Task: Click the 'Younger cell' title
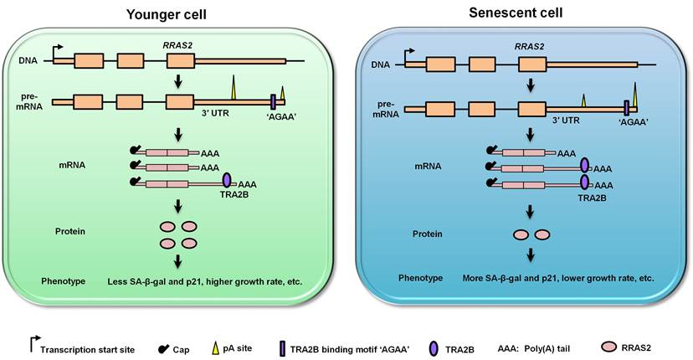click(x=167, y=14)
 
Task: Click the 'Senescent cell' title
click(x=516, y=13)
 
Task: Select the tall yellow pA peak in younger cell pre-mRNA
click(x=233, y=87)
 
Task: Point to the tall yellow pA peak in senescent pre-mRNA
click(x=635, y=95)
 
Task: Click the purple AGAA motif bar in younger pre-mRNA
click(x=273, y=100)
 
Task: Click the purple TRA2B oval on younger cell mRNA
click(x=227, y=181)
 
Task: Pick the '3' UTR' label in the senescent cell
click(x=566, y=120)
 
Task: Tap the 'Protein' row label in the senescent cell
click(x=428, y=234)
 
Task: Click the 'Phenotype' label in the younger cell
click(x=64, y=281)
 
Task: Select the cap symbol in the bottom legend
click(x=163, y=349)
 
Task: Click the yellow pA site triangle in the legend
click(x=216, y=349)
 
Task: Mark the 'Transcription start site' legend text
click(x=88, y=350)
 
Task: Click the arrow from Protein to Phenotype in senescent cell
click(x=531, y=255)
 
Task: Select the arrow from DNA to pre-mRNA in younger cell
click(x=178, y=80)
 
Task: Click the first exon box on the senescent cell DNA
click(x=440, y=64)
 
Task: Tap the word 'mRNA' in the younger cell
click(x=72, y=166)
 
